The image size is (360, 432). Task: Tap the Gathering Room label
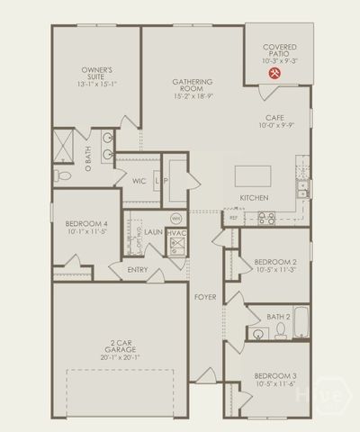pyautogui.click(x=192, y=87)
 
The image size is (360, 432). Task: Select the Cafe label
pyautogui.click(x=274, y=118)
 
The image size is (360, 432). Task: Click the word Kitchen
pyautogui.click(x=255, y=197)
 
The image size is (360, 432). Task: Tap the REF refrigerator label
pyautogui.click(x=234, y=217)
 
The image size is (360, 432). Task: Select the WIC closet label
pyautogui.click(x=139, y=181)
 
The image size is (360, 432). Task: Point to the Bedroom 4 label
pyautogui.click(x=85, y=223)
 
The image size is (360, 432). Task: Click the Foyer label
pyautogui.click(x=205, y=295)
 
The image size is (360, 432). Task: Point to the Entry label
pyautogui.click(x=138, y=269)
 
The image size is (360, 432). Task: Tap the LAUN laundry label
pyautogui.click(x=153, y=232)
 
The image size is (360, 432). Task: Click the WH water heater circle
pyautogui.click(x=176, y=219)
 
